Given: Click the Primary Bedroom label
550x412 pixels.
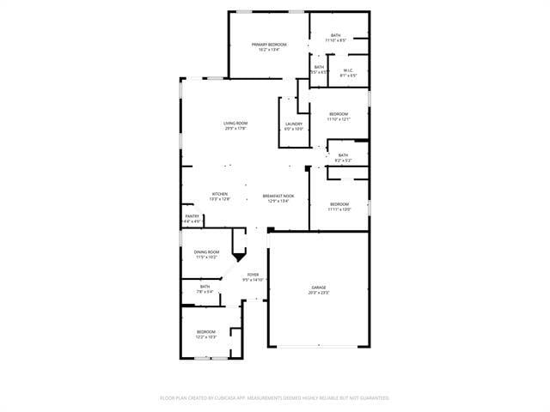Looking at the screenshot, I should click(x=269, y=44).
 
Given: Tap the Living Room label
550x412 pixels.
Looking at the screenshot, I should click(x=235, y=124).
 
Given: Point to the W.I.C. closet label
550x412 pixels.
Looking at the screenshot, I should click(x=348, y=70).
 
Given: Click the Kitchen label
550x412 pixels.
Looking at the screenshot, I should click(x=220, y=194).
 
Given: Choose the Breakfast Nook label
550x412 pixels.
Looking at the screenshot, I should click(x=279, y=196).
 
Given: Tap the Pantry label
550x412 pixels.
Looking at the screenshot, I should click(x=192, y=216).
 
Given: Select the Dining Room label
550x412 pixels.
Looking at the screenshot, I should click(x=206, y=251).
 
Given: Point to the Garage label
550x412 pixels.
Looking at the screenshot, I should click(x=319, y=288).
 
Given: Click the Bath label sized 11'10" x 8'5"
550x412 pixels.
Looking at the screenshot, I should click(x=335, y=35).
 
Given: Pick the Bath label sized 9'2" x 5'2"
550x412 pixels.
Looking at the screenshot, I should click(x=343, y=154).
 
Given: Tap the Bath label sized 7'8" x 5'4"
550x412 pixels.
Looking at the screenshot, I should click(x=205, y=287).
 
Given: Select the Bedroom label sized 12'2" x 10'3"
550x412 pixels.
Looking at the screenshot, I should click(x=205, y=332).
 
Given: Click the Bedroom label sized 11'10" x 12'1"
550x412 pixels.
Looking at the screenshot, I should click(x=339, y=114).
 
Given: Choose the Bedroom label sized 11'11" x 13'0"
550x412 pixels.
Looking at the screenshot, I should click(x=339, y=203).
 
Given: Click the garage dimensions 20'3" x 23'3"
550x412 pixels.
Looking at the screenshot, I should click(x=319, y=294).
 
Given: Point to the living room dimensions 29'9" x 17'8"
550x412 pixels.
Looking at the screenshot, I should click(x=235, y=129).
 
